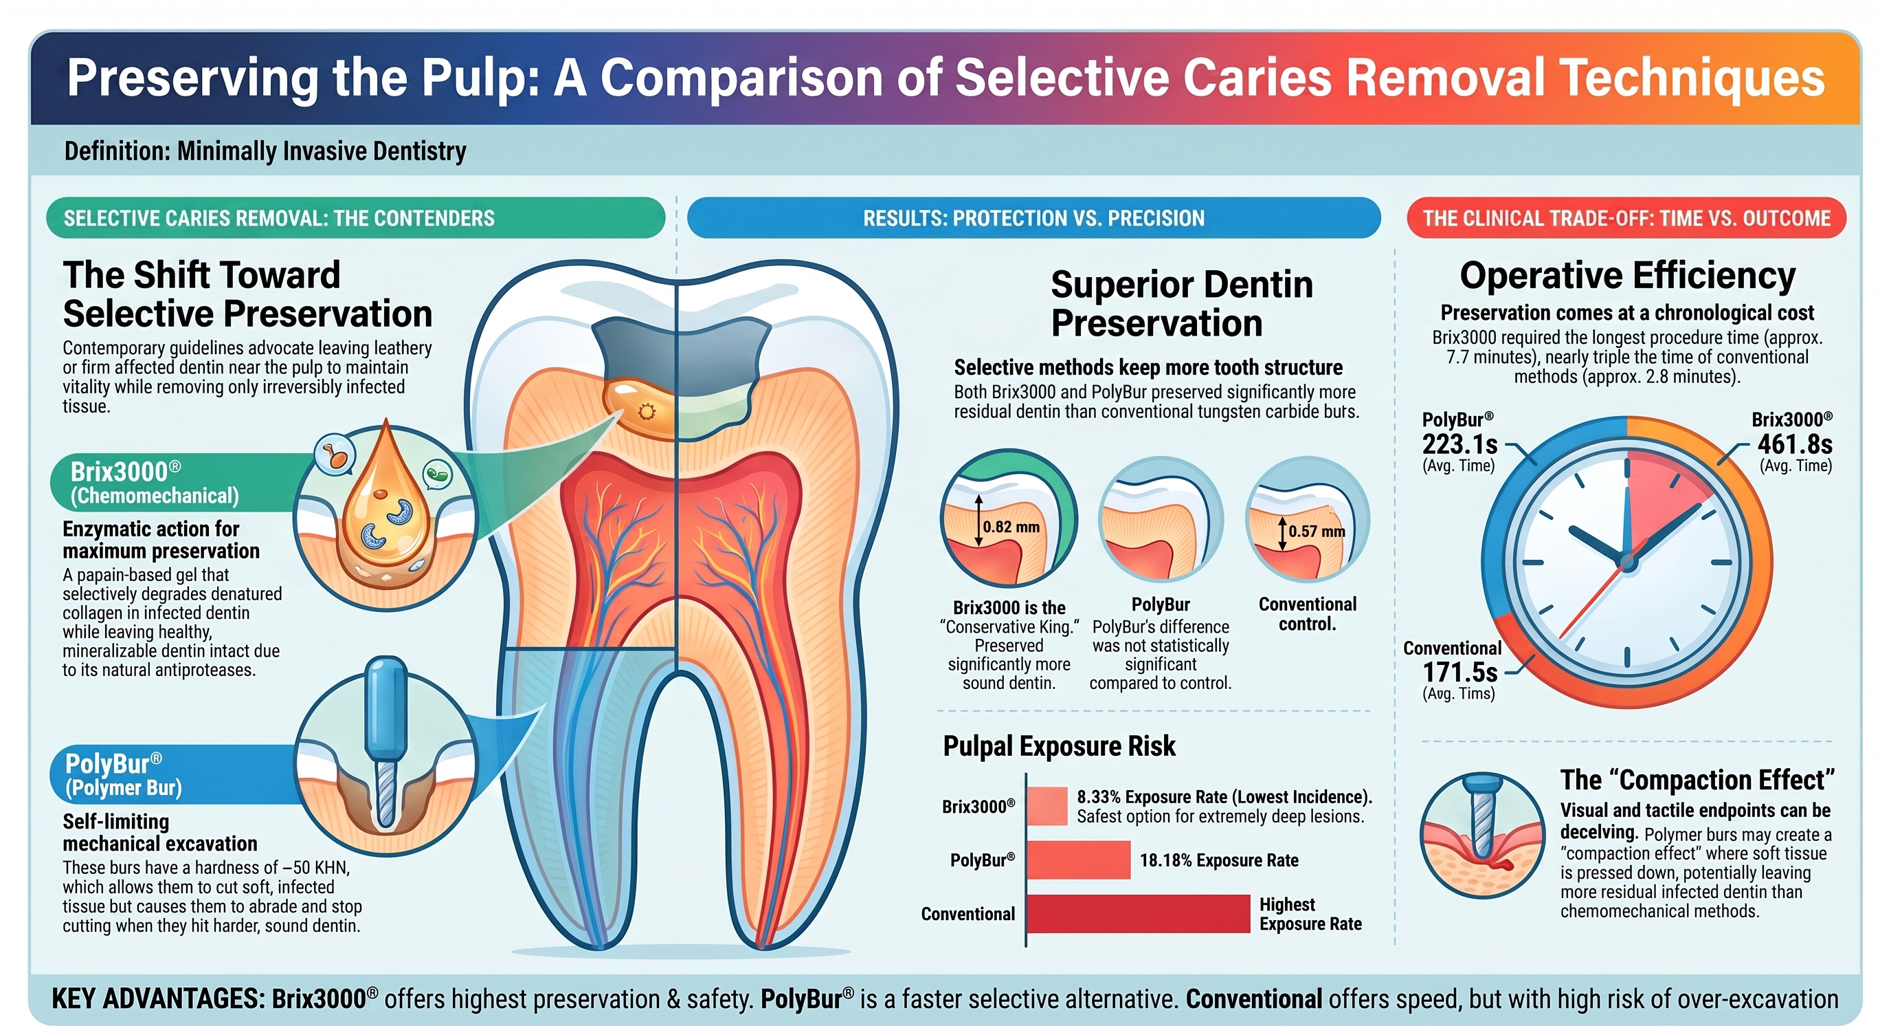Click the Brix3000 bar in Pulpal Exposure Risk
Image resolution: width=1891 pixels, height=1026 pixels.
pos(1047,806)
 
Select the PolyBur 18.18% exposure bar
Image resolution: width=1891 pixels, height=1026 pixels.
pos(1078,860)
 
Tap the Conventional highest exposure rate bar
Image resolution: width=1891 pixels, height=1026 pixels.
pos(1139,914)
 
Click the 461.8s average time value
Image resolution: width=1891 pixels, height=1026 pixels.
pos(1794,444)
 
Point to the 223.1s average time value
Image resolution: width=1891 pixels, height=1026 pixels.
pos(1459,444)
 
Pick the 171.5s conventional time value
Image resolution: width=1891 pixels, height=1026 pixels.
pos(1459,672)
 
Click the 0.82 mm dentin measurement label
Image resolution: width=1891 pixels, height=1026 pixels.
pos(1011,527)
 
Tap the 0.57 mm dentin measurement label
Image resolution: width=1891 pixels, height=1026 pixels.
pos(1317,531)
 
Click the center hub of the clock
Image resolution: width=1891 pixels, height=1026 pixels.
pos(1626,563)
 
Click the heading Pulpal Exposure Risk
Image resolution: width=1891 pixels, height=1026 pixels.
pos(1059,746)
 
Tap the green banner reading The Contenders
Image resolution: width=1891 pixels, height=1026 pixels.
pos(355,218)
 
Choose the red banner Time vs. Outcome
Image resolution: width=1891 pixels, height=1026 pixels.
pos(1626,218)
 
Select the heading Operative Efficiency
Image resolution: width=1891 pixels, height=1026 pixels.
pos(1627,276)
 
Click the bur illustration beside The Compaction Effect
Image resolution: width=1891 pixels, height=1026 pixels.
pos(1483,835)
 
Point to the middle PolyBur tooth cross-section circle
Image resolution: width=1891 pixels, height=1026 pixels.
pos(1161,519)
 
